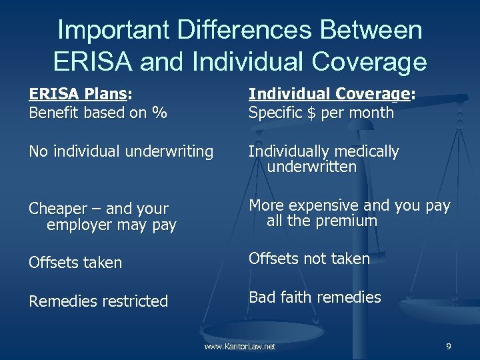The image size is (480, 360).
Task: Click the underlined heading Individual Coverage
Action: (x=329, y=95)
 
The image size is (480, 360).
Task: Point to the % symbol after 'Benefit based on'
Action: (x=159, y=113)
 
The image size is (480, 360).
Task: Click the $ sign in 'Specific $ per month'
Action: (x=311, y=113)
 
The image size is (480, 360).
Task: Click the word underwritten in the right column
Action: (x=311, y=167)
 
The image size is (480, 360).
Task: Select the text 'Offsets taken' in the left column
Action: (x=75, y=263)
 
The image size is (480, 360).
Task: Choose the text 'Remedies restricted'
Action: (x=98, y=301)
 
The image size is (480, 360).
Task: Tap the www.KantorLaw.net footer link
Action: (x=240, y=347)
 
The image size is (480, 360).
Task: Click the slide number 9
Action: (x=448, y=347)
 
